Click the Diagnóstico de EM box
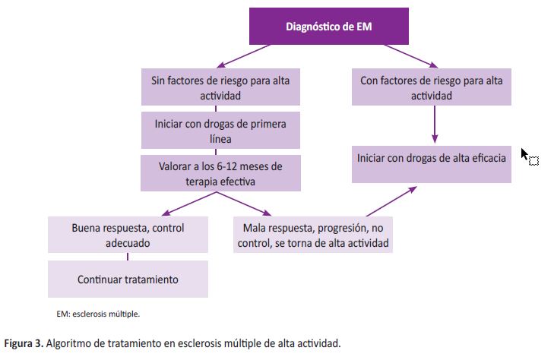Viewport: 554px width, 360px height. [329, 26]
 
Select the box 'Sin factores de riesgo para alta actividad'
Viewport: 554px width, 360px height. [220, 87]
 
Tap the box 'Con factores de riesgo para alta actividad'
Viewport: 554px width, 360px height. [432, 87]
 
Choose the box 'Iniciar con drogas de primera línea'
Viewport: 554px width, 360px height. [220, 130]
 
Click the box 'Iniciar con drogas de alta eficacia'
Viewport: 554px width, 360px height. [432, 164]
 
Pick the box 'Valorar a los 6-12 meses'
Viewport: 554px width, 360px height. [220, 173]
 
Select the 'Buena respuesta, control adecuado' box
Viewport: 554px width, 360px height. [128, 235]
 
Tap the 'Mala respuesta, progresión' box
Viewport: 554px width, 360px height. [313, 235]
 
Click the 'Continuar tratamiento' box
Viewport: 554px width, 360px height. [128, 279]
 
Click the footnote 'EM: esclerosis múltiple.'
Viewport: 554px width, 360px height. [98, 314]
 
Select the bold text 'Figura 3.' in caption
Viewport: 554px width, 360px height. [24, 343]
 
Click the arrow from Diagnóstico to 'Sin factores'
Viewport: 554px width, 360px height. [243, 56]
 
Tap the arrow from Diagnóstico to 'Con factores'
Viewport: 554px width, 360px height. [411, 56]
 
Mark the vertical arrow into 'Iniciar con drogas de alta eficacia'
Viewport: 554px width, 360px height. [435, 125]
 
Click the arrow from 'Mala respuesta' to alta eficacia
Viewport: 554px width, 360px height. [391, 201]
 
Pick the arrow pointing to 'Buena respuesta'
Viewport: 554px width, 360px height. [189, 204]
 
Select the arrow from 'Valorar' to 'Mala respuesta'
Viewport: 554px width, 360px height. [244, 204]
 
